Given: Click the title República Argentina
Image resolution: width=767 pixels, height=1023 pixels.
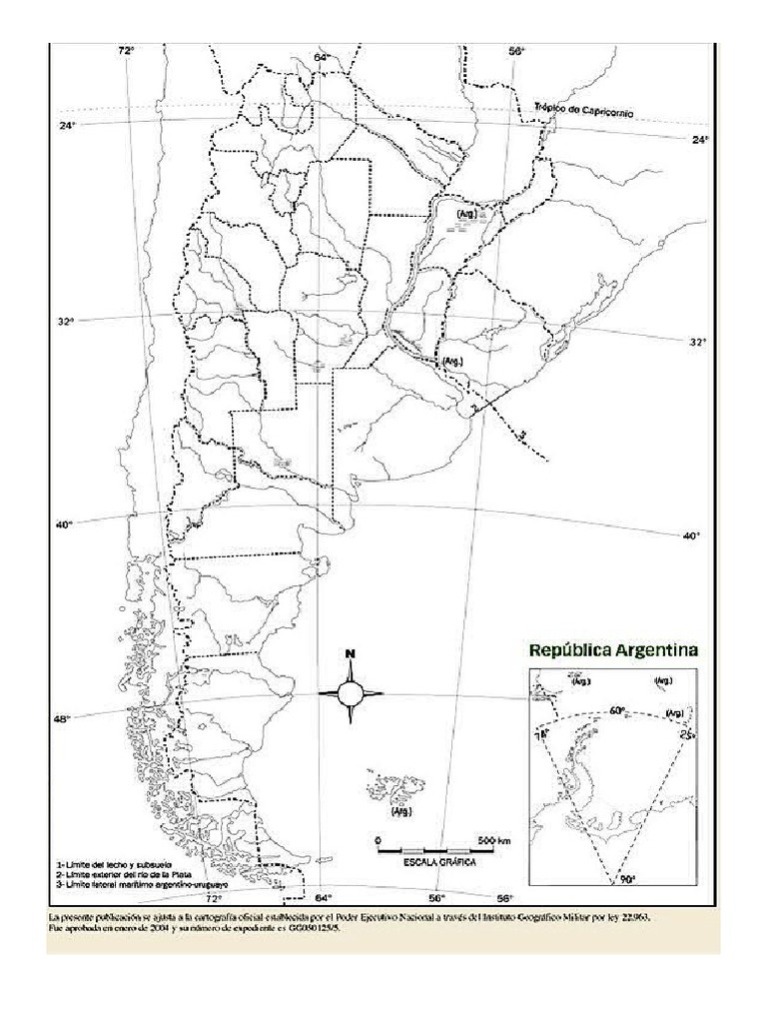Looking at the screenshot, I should tap(613, 649).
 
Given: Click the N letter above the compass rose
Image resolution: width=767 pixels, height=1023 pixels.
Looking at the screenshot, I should tap(351, 655).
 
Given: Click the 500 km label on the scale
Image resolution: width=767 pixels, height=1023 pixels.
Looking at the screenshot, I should tap(494, 839).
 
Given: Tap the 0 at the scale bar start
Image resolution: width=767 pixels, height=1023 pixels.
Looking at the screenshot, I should tap(379, 839).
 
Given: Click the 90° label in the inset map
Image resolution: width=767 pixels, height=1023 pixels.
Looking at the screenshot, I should tap(627, 880).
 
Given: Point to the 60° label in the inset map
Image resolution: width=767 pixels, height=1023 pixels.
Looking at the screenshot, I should tap(617, 711).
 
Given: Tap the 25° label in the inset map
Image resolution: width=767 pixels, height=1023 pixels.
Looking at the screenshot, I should tap(686, 735).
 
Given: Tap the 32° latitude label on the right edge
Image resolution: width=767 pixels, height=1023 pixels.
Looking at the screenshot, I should tap(697, 342).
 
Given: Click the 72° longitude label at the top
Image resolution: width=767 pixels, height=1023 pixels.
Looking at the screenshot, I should tap(126, 49).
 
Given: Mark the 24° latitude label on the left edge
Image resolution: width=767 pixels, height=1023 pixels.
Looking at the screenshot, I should tap(67, 126).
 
